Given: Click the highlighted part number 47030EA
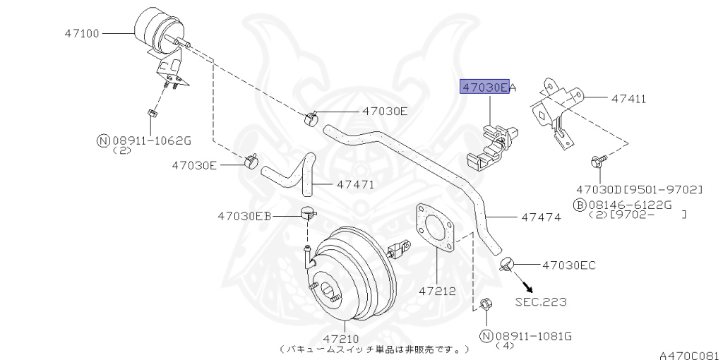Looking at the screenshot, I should pos(485,87).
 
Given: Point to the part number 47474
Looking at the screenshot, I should pos(541,217).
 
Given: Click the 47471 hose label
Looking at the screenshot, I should pos(355,185).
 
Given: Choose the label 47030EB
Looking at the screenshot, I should pos(244,215).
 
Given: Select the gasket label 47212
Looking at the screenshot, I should pos(436,290).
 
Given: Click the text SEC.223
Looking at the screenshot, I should pos(540,302).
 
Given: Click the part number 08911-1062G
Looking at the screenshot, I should pos(151,140).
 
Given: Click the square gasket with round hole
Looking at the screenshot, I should pos(434,227).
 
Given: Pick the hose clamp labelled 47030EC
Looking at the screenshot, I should pos(506,265).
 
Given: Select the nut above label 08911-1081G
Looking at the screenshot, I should pos(484,305).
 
